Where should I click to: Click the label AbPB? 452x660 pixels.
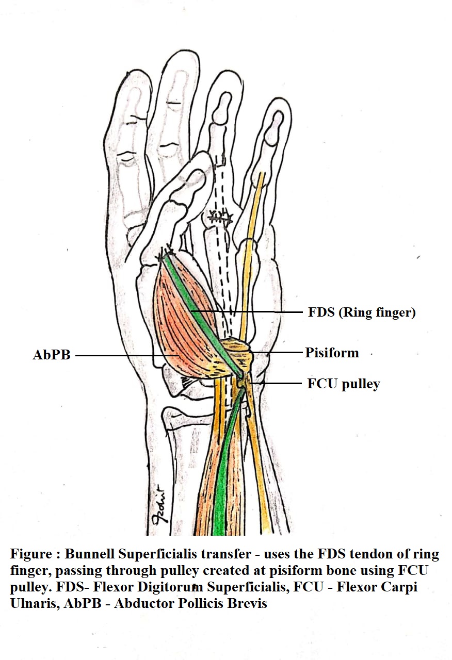pyautogui.click(x=52, y=355)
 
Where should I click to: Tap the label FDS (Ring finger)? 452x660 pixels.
pyautogui.click(x=362, y=312)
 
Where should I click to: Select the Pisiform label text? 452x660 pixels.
pyautogui.click(x=331, y=353)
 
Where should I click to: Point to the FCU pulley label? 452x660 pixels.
pyautogui.click(x=343, y=384)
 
